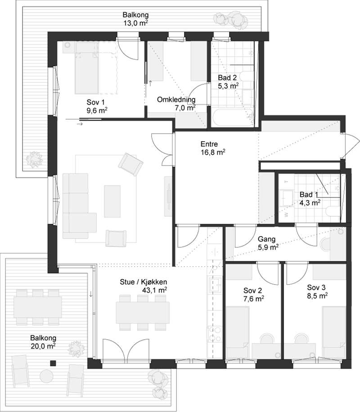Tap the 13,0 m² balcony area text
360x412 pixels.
[135, 23]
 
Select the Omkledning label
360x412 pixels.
[176, 99]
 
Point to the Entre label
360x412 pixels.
[209, 144]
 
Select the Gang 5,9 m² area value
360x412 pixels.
[268, 247]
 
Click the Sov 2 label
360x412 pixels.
[252, 291]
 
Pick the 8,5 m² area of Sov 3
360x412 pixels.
[317, 296]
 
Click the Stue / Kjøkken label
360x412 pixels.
[143, 282]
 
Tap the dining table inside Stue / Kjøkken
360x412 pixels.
[143, 313]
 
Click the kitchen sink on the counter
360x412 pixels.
[215, 284]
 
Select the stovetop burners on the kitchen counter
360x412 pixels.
[215, 334]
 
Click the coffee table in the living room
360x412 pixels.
[112, 202]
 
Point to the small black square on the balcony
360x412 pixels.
[54, 363]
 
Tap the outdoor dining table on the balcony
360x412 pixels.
[38, 307]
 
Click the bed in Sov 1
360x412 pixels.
[87, 73]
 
